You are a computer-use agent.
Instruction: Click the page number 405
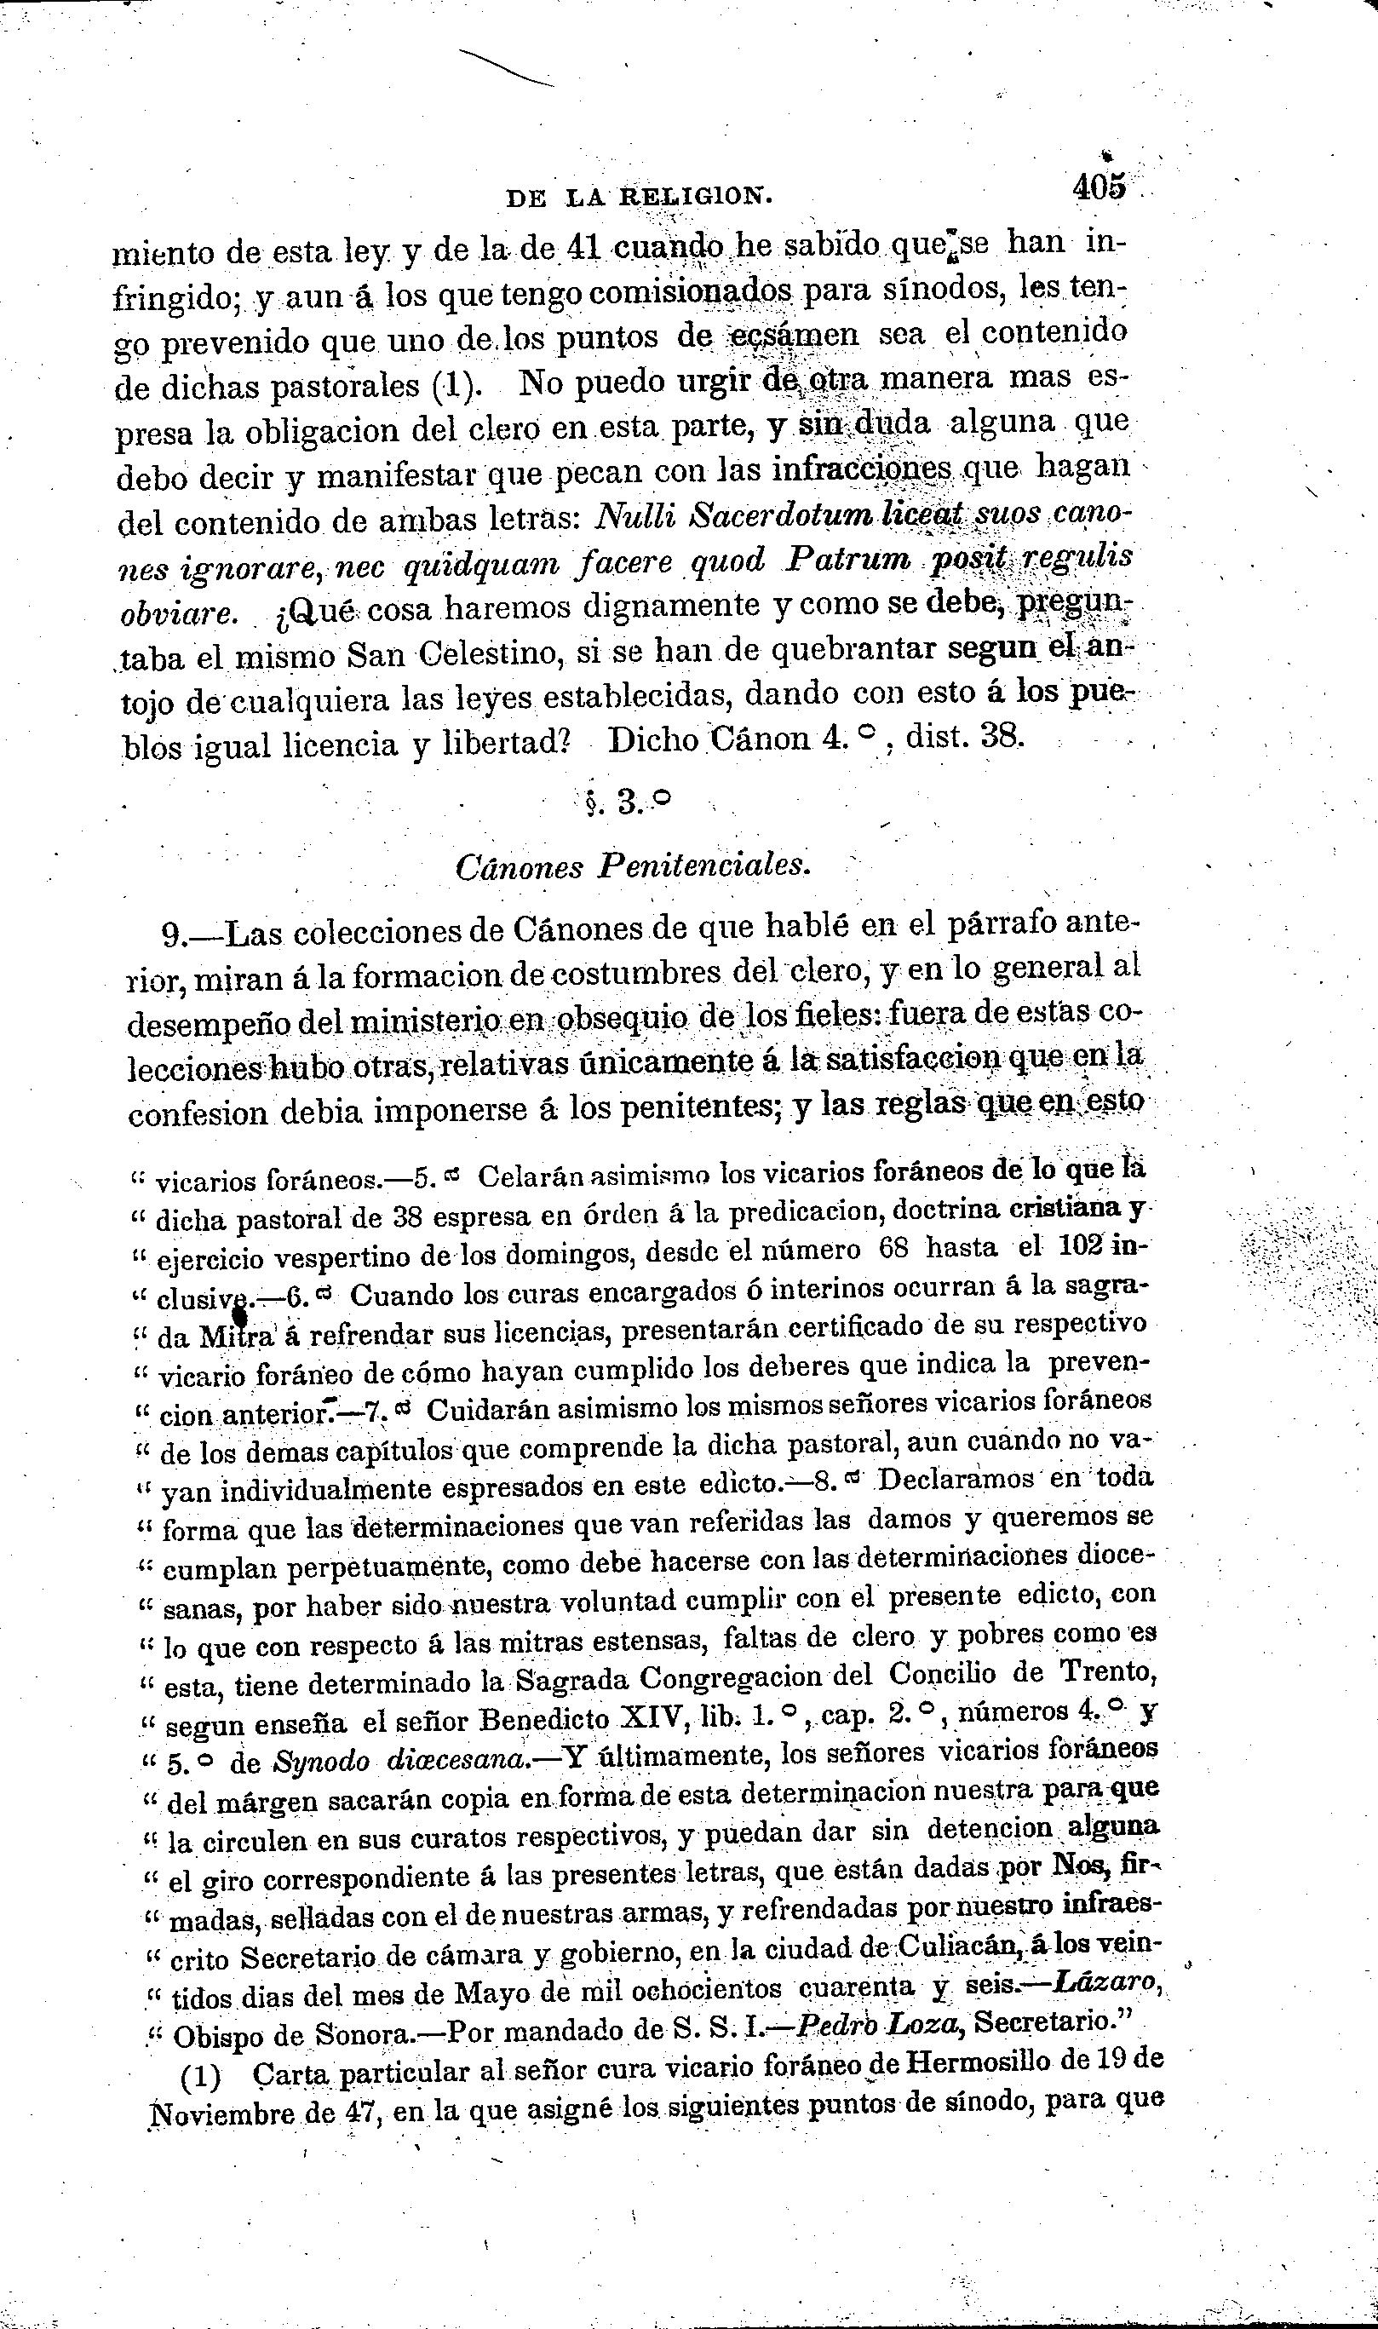pyautogui.click(x=1099, y=187)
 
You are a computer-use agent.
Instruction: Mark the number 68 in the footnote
pyautogui.click(x=892, y=1249)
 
